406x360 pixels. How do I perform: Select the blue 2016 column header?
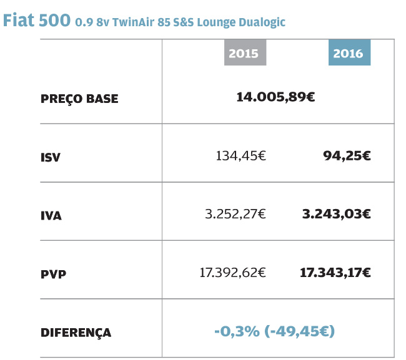[x=349, y=53]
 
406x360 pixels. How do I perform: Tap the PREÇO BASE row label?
[x=79, y=99]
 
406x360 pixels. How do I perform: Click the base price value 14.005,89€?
[x=275, y=97]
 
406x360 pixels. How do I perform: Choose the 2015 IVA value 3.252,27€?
[x=235, y=214]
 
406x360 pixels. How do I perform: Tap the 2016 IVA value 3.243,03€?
[x=336, y=214]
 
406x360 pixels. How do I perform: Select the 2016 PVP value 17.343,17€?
[x=335, y=272]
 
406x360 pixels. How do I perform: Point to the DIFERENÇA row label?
[x=76, y=333]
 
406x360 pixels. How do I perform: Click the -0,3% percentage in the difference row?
[x=237, y=331]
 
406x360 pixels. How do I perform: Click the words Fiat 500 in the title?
[x=37, y=20]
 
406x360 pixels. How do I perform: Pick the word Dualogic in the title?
[x=260, y=22]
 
